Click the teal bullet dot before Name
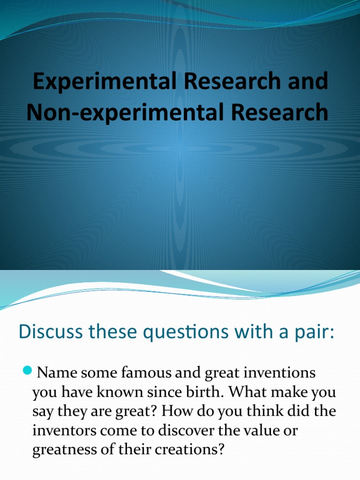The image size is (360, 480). coord(27,372)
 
